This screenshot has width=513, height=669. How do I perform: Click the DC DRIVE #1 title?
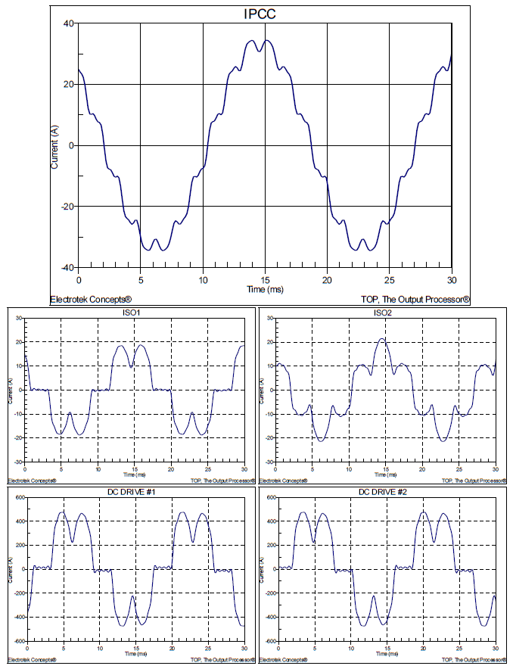[135, 492]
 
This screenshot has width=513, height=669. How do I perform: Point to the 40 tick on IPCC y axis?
[68, 23]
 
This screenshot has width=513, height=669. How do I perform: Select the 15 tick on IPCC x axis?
[265, 278]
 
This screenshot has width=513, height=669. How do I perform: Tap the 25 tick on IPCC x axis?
[390, 278]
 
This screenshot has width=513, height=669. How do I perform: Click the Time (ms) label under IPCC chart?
[265, 288]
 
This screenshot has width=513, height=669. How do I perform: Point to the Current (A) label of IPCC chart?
[54, 145]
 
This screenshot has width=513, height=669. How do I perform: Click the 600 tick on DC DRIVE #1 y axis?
[17, 497]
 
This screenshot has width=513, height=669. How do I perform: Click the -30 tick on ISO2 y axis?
[267, 462]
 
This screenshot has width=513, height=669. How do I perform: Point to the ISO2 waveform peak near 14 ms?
[382, 338]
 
